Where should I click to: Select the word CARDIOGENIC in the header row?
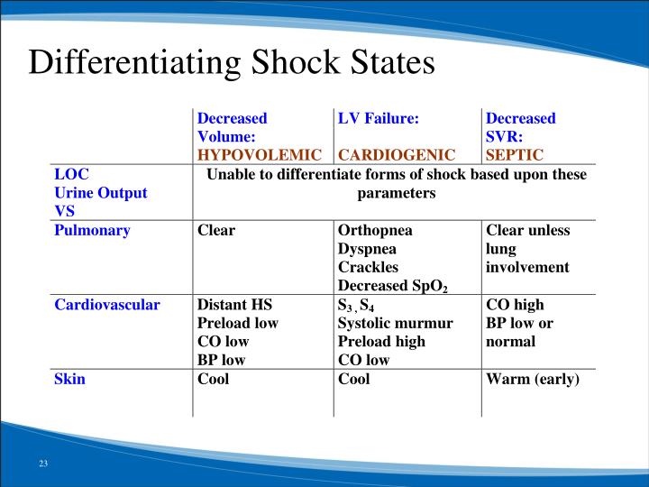[x=397, y=154]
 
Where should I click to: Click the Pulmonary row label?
[x=92, y=230]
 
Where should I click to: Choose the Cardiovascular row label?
[x=107, y=304]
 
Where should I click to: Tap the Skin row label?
[x=69, y=379]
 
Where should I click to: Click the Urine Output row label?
[x=100, y=192]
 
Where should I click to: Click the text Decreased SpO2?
[x=392, y=286]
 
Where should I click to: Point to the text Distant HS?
[x=235, y=304]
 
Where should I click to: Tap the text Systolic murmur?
[x=395, y=323]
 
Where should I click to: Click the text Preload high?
[x=381, y=341]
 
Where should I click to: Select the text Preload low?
[x=238, y=323]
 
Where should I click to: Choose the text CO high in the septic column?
[x=515, y=304]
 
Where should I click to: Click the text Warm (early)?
[x=532, y=379]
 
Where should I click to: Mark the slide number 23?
[x=42, y=464]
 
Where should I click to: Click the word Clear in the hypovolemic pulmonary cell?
[x=216, y=230]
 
